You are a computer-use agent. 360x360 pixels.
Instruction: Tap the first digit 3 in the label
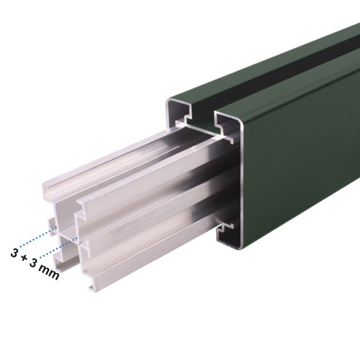point(14,252)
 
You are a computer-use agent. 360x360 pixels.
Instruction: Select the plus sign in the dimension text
point(25,258)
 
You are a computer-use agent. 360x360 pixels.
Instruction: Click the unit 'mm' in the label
point(52,272)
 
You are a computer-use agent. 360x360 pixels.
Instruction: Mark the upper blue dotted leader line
point(33,236)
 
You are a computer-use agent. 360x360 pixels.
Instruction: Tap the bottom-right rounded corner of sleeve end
point(240,246)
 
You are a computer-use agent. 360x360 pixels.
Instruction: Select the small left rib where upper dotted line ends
point(52,228)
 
